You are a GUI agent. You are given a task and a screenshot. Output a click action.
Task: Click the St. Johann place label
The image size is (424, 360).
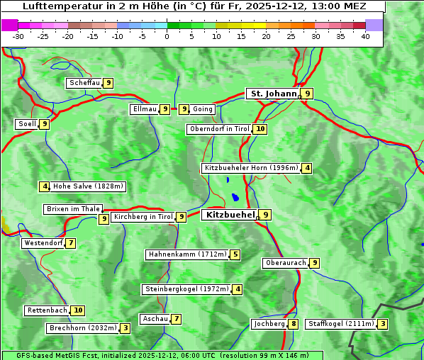[x=272, y=94]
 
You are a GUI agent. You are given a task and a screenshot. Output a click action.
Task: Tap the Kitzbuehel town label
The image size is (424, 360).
[x=228, y=214]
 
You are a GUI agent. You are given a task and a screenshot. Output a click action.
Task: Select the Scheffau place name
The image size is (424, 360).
[x=84, y=83]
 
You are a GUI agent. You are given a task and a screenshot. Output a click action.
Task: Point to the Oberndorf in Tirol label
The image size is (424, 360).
[x=220, y=129]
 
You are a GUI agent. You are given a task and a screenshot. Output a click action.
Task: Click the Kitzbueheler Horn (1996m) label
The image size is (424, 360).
[x=251, y=168]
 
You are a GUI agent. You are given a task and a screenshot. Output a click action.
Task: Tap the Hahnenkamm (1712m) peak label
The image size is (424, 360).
[x=187, y=254]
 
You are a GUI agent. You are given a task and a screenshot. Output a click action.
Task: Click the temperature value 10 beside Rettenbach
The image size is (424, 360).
[x=78, y=310]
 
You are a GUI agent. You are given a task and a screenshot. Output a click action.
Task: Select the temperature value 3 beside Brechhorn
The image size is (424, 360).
[x=125, y=328]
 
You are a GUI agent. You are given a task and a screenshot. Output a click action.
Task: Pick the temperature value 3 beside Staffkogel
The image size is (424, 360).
[x=383, y=324]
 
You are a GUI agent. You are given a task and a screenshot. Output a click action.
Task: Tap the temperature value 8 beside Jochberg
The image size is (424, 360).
[x=294, y=324]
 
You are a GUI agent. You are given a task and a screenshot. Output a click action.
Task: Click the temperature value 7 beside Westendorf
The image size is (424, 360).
[x=71, y=243]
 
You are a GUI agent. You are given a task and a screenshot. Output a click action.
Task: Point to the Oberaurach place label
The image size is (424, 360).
[x=285, y=263]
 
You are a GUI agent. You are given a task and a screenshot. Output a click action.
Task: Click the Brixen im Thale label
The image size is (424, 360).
[x=73, y=209]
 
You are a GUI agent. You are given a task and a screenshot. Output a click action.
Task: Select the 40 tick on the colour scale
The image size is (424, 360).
[x=365, y=36]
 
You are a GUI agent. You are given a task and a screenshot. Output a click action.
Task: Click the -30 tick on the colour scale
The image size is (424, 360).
[x=18, y=36]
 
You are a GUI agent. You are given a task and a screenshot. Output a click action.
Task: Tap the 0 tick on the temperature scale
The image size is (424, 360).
[x=167, y=36]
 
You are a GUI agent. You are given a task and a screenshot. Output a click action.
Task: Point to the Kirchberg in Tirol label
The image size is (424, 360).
[x=143, y=217]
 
